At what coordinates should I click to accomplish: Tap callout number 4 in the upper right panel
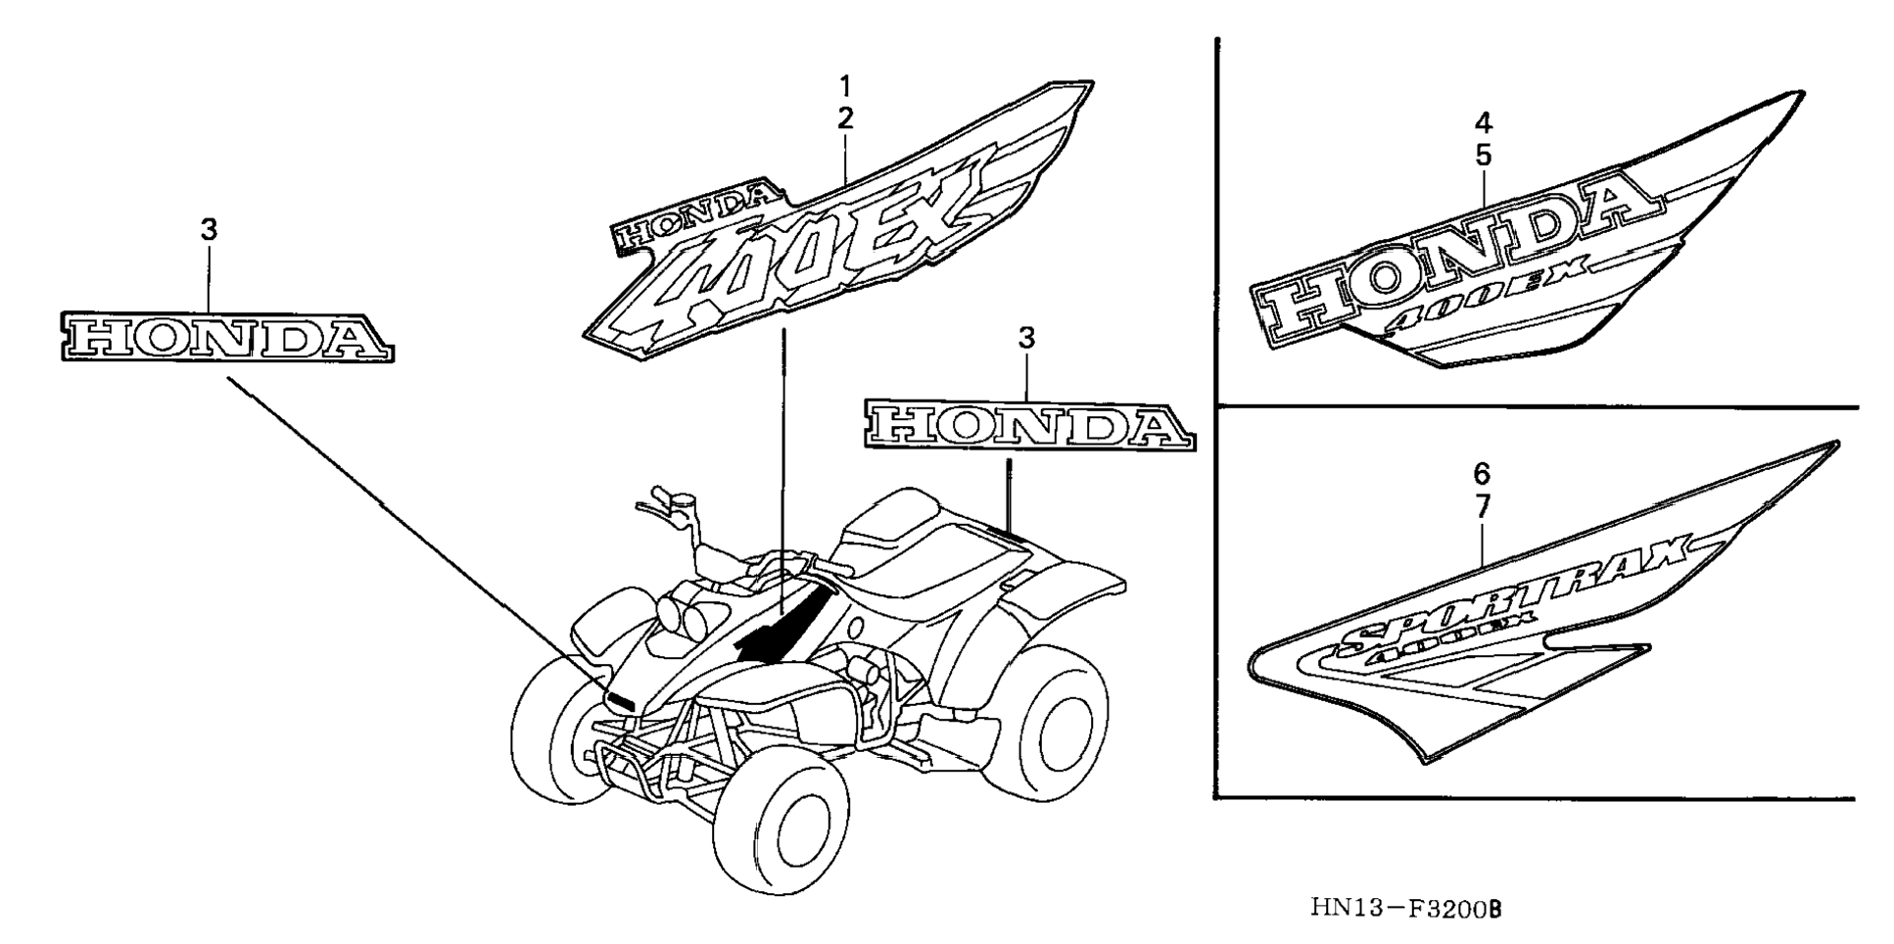tap(1483, 122)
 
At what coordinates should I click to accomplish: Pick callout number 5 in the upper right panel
tap(1483, 155)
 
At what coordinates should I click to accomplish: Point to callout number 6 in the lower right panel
tap(1482, 474)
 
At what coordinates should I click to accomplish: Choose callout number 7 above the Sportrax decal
tap(1482, 506)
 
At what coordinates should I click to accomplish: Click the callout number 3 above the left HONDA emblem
tap(209, 231)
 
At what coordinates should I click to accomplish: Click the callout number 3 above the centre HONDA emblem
tap(1025, 339)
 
